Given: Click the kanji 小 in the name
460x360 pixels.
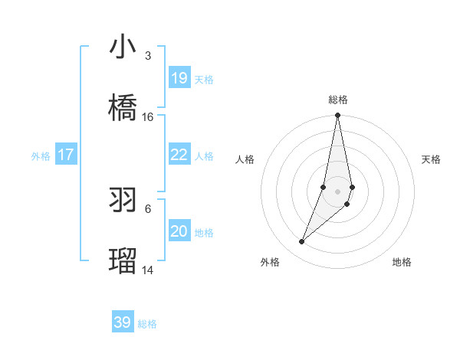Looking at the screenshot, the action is click(123, 47).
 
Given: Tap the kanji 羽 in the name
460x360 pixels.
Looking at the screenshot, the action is click(123, 201).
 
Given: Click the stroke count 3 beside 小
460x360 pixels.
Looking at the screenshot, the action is click(147, 56).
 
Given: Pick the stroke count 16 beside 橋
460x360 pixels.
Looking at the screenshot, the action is click(148, 117).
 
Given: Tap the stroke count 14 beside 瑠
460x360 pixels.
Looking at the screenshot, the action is click(148, 270).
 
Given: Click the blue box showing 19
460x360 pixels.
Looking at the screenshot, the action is click(179, 78).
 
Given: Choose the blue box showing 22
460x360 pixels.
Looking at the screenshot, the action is click(179, 155).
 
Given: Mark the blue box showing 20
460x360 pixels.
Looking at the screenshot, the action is click(179, 231).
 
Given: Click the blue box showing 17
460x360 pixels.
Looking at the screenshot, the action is click(66, 155).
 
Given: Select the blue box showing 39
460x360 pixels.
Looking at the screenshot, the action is click(123, 322).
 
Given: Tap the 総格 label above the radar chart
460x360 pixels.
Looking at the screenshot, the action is click(338, 100).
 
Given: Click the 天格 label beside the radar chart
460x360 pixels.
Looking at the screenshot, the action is click(431, 159).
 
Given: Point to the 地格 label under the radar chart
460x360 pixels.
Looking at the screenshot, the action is click(402, 262).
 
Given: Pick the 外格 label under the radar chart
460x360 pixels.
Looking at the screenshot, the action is click(270, 262).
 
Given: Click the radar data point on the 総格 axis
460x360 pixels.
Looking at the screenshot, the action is click(337, 116).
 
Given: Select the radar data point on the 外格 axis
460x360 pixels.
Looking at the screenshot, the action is click(302, 242).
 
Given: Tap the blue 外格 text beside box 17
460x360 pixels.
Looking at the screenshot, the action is click(41, 155).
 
